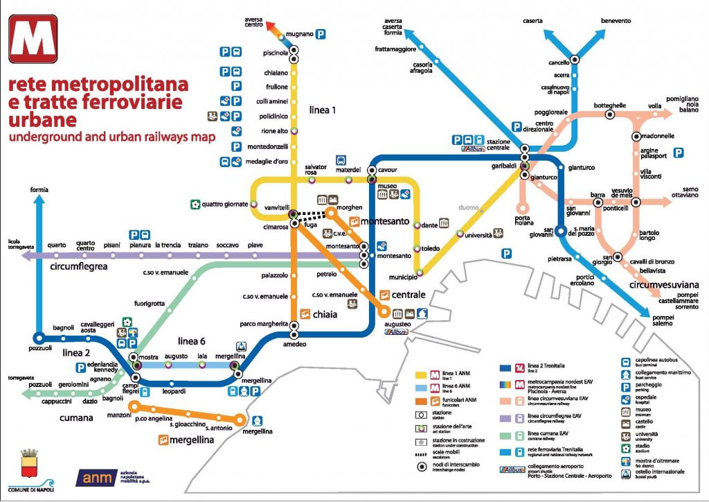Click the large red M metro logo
click(33, 39)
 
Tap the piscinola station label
click(276, 53)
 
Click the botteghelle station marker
click(609, 115)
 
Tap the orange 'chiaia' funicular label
click(324, 314)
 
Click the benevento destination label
click(616, 21)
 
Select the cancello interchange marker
click(574, 60)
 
